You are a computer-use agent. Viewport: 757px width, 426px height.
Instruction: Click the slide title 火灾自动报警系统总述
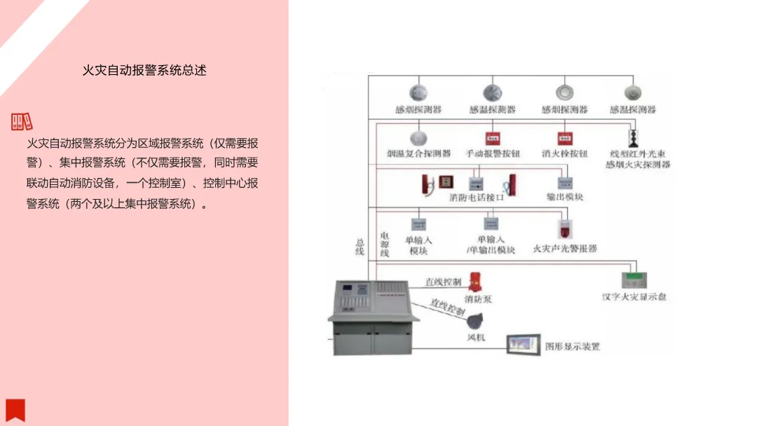144,71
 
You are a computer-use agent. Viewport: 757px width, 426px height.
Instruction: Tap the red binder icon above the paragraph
22,122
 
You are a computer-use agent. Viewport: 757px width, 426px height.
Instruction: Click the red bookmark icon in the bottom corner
15,410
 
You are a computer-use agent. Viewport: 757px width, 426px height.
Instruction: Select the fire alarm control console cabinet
373,316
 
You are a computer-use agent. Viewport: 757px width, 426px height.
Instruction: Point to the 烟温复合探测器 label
418,153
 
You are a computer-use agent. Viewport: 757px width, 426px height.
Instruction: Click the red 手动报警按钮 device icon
492,138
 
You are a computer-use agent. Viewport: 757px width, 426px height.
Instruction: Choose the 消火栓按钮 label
564,153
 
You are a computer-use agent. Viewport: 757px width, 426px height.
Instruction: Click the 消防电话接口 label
477,198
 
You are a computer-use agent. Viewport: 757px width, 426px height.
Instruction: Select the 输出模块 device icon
565,184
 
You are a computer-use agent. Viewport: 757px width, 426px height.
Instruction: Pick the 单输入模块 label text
418,245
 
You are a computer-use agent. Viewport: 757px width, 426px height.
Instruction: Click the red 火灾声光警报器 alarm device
564,229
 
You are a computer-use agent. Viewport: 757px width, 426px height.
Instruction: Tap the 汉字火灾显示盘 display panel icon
634,279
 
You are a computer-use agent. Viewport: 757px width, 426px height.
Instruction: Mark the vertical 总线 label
360,247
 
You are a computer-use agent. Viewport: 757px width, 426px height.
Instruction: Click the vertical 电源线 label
384,244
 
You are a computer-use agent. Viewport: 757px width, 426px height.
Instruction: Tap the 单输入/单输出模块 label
491,245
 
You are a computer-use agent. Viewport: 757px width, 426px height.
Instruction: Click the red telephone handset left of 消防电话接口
425,184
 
